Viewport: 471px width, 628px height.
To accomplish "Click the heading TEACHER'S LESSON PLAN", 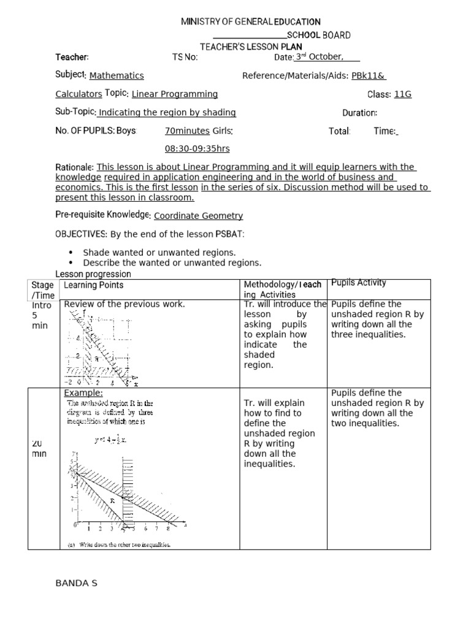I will coord(251,47).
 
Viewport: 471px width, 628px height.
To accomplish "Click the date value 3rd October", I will coord(318,57).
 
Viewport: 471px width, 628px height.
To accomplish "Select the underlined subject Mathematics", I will coord(117,75).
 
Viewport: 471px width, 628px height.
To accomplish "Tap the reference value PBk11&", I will coord(368,75).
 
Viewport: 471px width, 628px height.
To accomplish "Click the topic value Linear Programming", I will coord(175,94).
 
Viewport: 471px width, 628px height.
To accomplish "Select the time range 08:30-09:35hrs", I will coord(197,149).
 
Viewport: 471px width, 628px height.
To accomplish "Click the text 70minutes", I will coord(187,131).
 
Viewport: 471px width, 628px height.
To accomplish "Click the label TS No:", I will coord(185,57).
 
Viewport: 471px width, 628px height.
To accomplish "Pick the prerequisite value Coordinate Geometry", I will coord(198,216).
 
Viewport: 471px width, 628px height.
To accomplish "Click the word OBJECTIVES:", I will coord(81,234).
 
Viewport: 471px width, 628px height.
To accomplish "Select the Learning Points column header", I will coord(94,285).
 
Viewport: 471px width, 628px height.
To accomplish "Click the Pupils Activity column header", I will coord(358,283).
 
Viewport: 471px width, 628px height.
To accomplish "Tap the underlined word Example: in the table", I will coord(83,393).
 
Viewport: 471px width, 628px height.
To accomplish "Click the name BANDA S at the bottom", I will coord(77,583).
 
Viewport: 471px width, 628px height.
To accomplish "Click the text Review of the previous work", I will coord(124,304).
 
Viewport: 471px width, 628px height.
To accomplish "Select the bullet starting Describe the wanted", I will coord(172,262).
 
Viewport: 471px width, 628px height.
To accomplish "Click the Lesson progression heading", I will coord(93,274).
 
